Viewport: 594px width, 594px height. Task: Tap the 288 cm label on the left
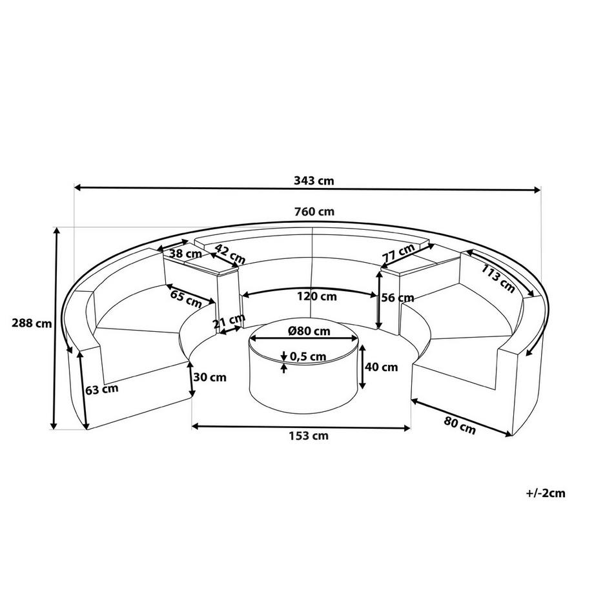tap(26, 324)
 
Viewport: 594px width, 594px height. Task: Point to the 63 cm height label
tap(101, 389)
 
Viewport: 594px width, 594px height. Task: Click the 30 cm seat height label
tap(213, 377)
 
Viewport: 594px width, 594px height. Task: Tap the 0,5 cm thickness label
tap(308, 356)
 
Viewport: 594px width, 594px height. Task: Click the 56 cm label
tap(397, 298)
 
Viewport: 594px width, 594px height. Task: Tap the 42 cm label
tap(229, 254)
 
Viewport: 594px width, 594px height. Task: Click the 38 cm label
tap(183, 254)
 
